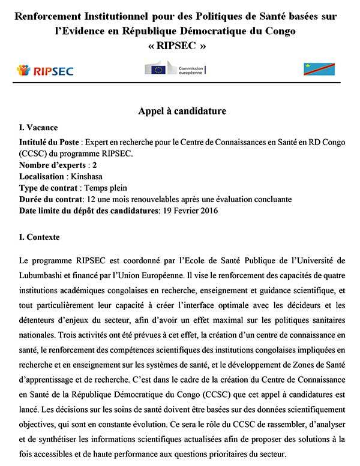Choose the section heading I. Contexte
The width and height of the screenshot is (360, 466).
pos(40,237)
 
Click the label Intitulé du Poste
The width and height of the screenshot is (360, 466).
pos(50,141)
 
